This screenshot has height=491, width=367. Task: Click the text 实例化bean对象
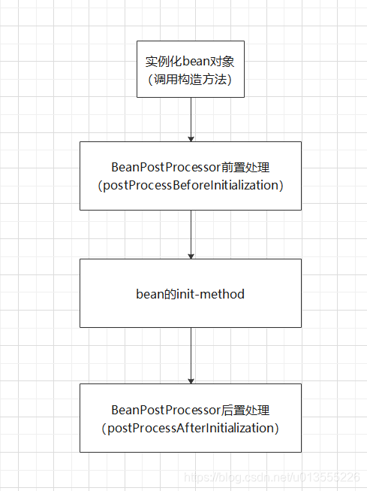coord(191,61)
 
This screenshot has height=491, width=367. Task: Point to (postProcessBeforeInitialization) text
coord(191,185)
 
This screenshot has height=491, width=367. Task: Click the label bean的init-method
coord(191,294)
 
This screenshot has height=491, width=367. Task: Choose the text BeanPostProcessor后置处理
coord(191,410)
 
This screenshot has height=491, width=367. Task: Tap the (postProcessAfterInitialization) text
coord(191,428)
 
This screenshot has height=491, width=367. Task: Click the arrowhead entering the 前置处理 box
coord(191,138)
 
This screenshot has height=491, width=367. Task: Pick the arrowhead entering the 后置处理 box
coord(191,380)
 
